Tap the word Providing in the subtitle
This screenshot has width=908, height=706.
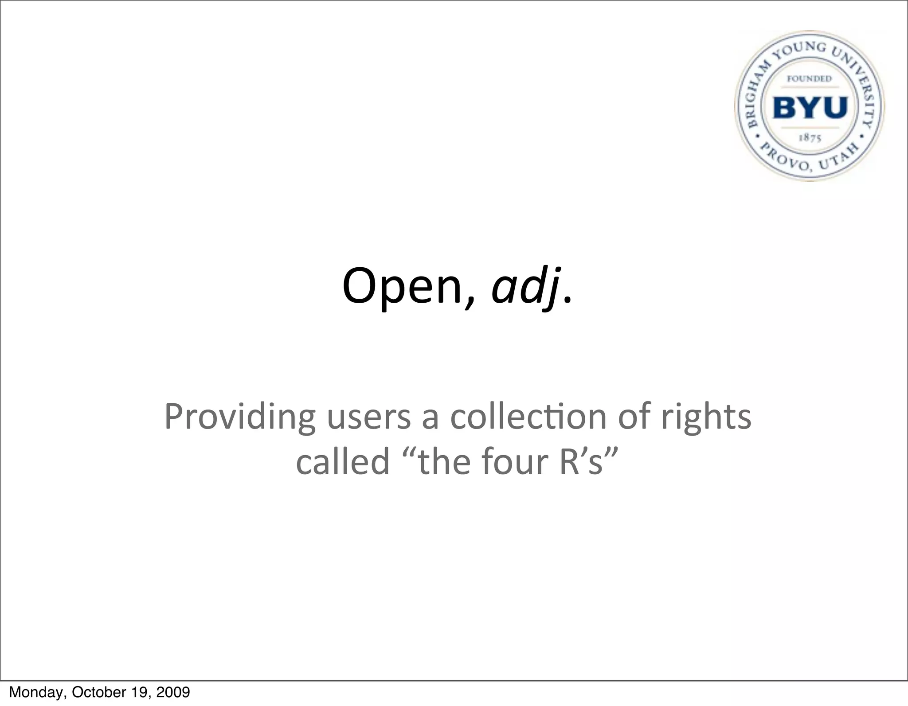239,417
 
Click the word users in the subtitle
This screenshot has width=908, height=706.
369,417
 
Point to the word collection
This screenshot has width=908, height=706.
528,417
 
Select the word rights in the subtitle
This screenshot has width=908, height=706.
706,417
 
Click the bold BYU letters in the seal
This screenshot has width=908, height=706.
810,108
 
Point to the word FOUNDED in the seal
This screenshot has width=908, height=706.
809,79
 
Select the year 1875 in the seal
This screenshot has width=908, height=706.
810,138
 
